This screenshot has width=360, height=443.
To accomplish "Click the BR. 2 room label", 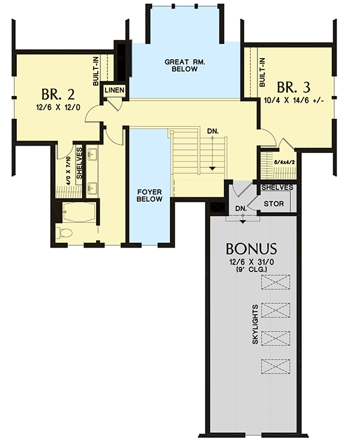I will click(x=59, y=95).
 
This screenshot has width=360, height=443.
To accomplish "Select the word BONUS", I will click(x=251, y=248).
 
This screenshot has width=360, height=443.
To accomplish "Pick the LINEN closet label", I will click(x=114, y=91).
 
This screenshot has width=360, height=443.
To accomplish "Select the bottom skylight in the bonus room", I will click(x=275, y=365).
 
